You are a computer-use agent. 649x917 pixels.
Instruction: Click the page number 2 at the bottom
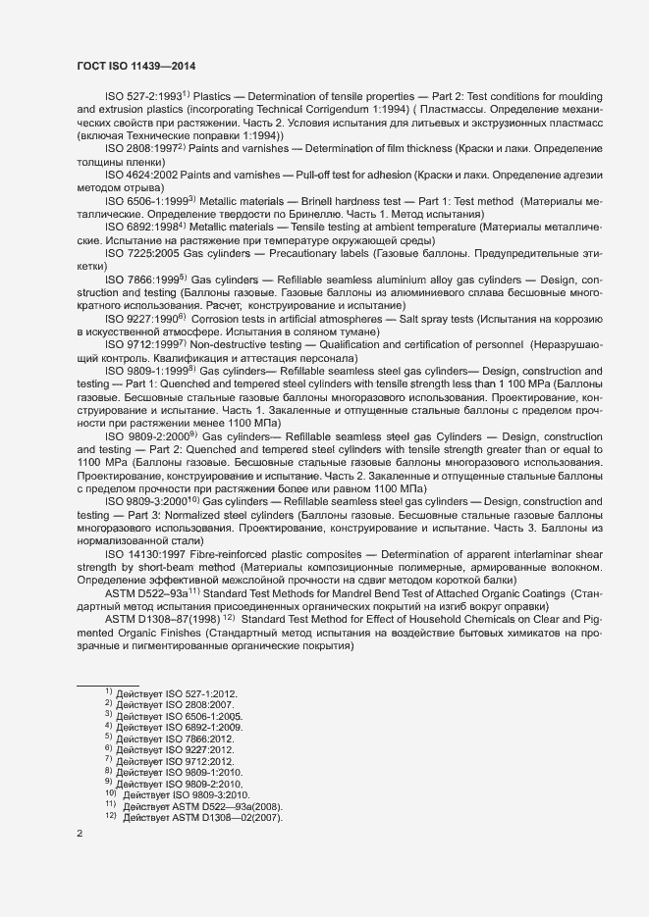[80, 833]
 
